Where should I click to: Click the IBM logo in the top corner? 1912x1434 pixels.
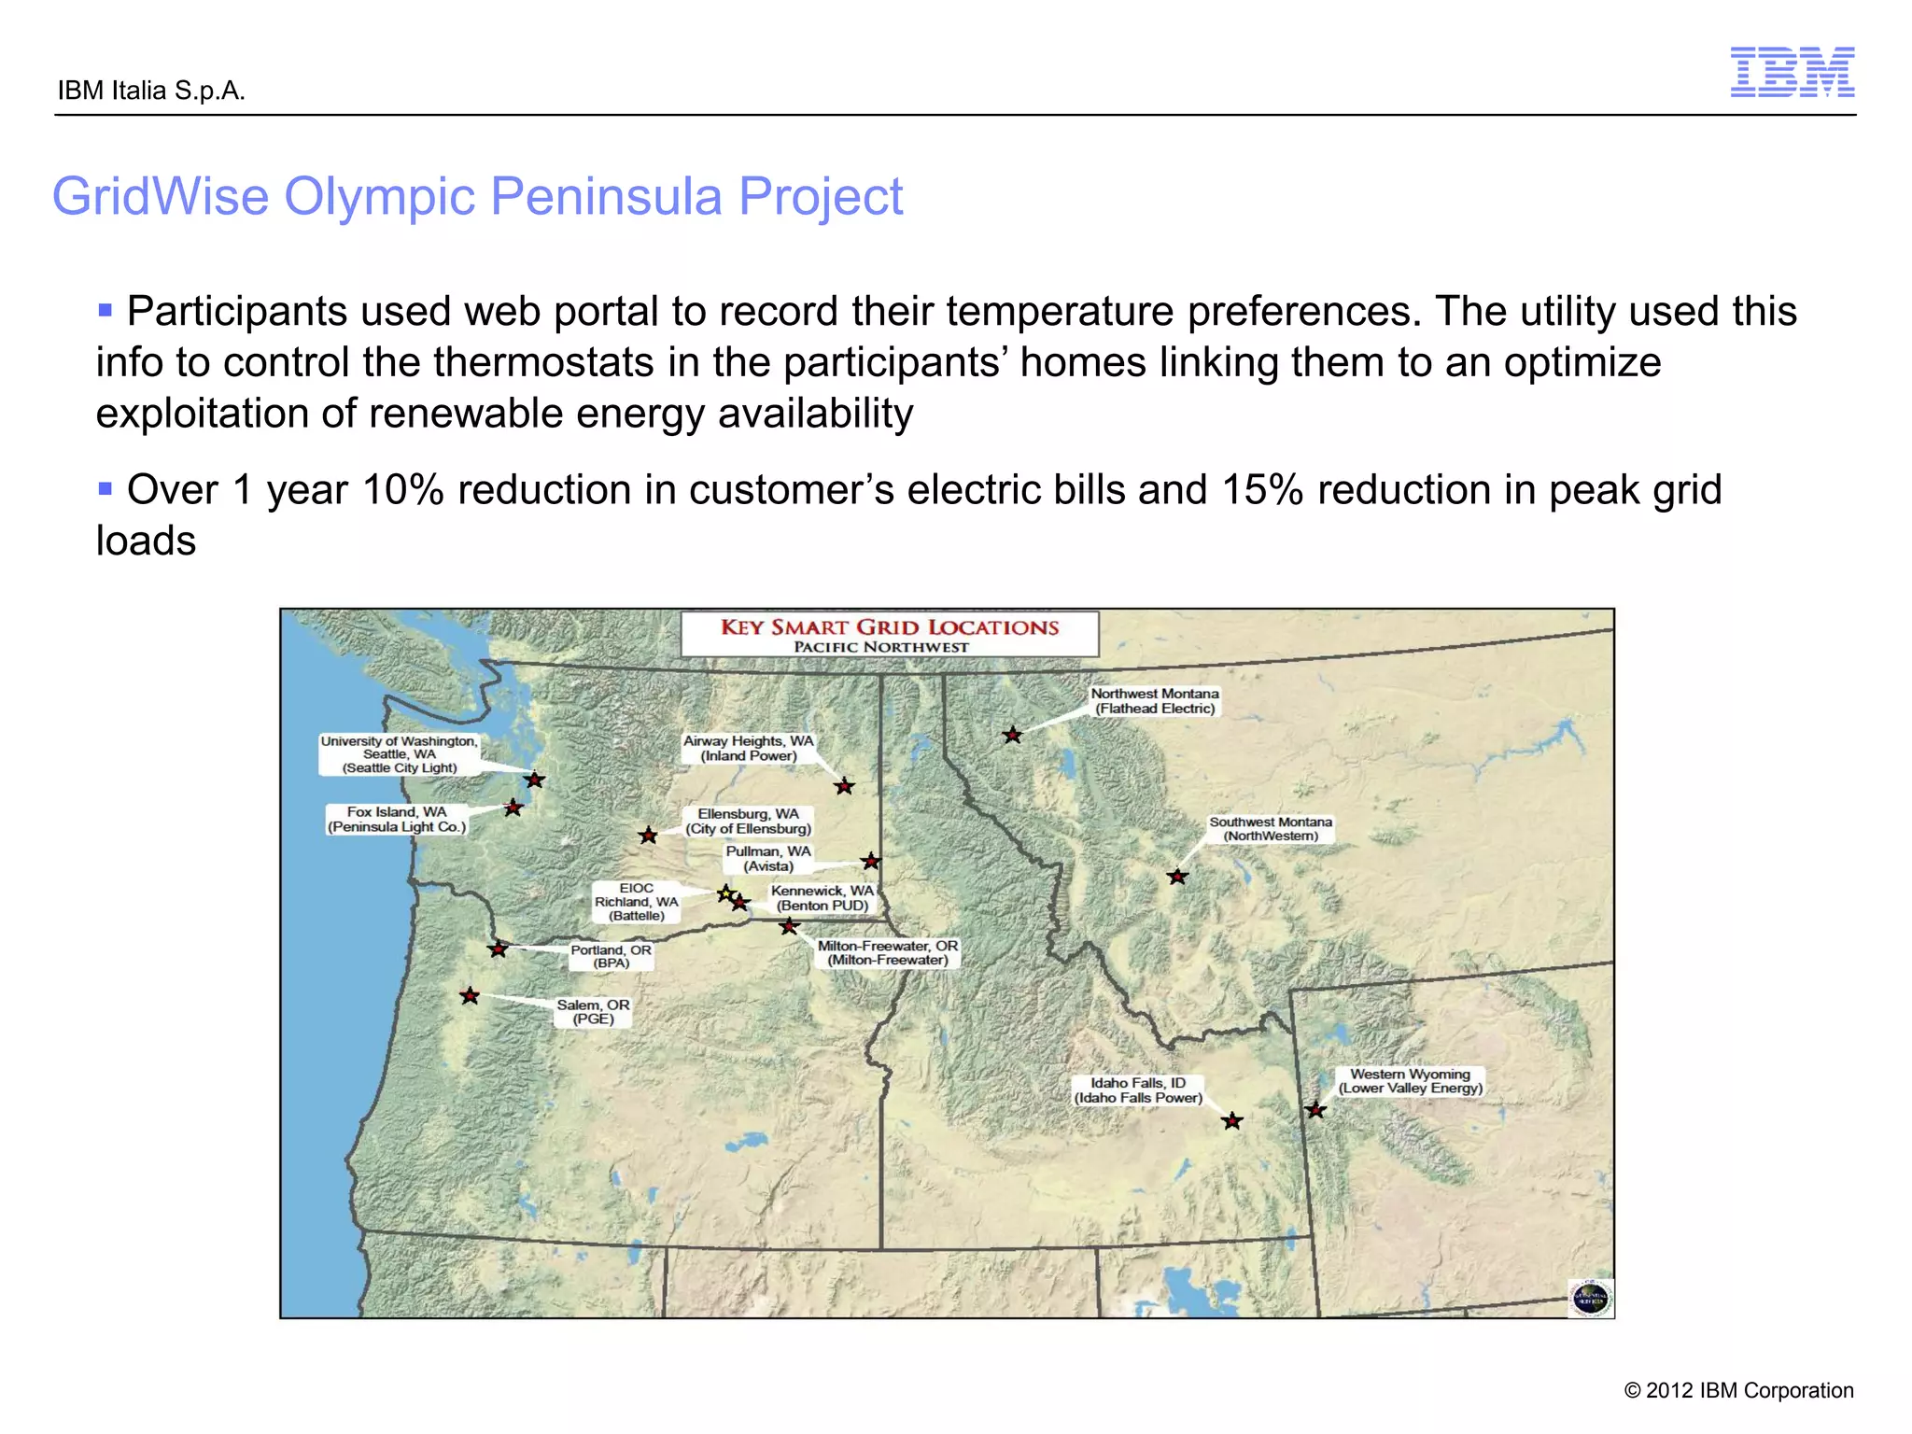coord(1792,72)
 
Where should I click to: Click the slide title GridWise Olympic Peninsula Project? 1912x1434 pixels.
coord(477,196)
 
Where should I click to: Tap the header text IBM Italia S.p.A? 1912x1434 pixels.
coord(151,91)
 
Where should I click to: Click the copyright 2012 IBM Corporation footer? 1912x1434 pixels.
coord(1737,1390)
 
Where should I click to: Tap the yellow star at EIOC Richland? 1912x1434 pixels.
coord(725,893)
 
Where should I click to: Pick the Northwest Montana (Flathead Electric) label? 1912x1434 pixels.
coord(1155,701)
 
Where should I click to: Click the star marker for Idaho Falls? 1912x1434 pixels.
coord(1232,1120)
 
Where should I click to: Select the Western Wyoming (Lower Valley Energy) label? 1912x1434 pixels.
coord(1410,1081)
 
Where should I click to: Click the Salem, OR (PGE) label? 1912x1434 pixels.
coord(593,1012)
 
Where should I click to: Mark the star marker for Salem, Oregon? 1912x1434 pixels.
coord(470,996)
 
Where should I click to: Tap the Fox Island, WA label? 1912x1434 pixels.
coord(397,819)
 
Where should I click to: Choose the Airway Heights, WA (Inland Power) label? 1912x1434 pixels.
coord(749,748)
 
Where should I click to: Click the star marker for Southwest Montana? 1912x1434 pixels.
coord(1177,877)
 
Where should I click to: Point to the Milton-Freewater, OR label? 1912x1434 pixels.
coord(887,952)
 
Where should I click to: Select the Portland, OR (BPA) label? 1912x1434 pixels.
coord(611,956)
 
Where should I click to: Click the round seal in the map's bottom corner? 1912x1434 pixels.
coord(1591,1298)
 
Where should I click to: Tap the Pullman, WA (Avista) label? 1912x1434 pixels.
coord(768,859)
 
